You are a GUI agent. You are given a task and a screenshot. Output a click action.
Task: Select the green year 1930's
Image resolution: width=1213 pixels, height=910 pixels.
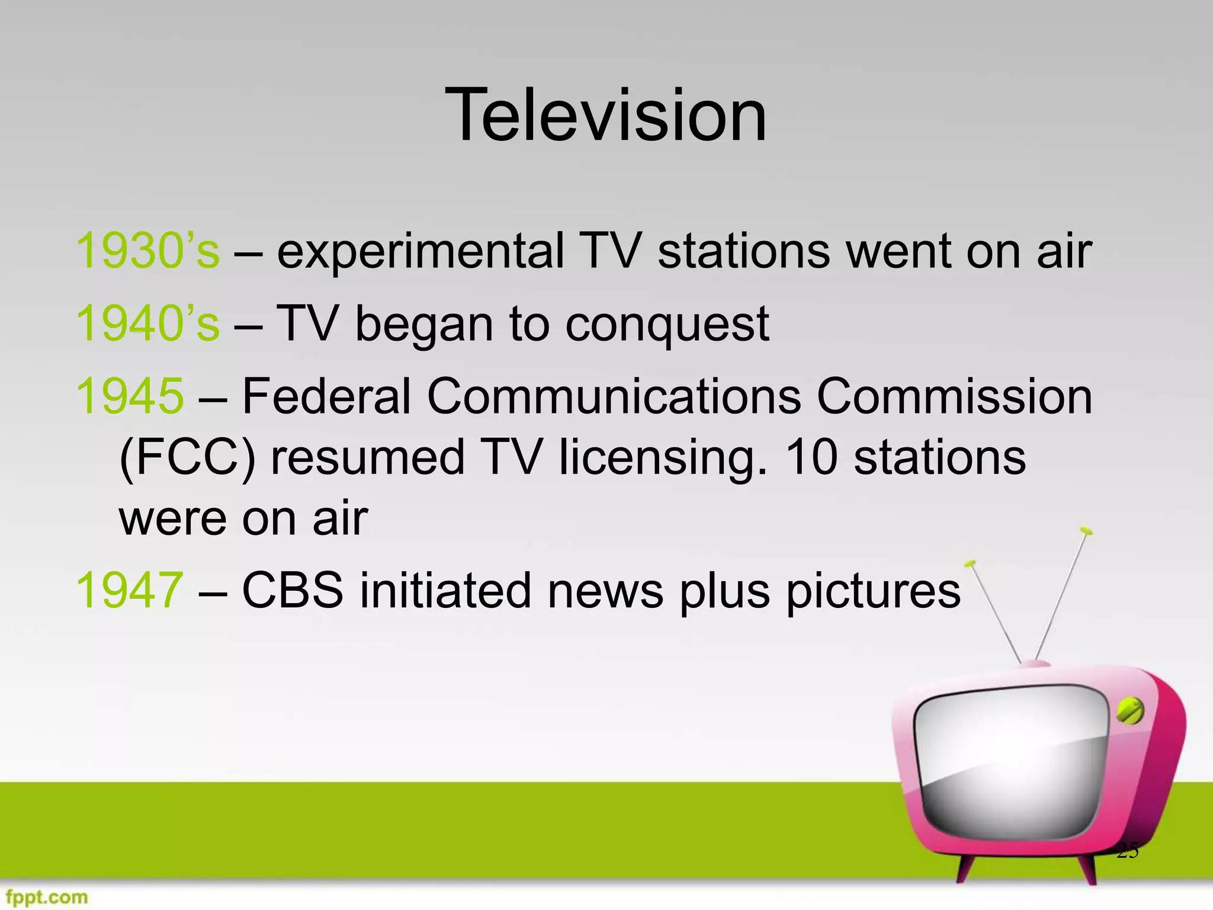(x=147, y=251)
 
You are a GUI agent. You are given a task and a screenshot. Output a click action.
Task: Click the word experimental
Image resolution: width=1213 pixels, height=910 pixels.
(x=420, y=252)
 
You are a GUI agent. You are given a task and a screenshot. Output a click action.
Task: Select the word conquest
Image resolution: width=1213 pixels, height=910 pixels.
(x=667, y=325)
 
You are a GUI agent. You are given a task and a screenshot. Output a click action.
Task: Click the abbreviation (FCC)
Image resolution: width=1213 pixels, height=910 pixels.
(x=187, y=458)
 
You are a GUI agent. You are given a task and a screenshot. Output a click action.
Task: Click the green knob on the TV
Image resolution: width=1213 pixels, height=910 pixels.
(x=1130, y=710)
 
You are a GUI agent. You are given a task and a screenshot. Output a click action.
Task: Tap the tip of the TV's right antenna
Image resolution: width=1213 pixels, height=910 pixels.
(x=1086, y=530)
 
